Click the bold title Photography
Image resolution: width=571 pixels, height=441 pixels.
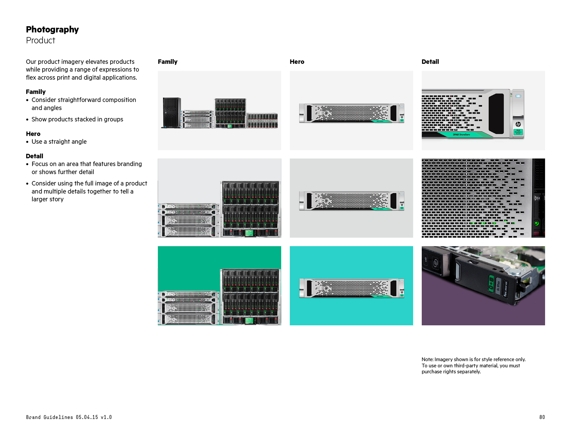[52, 29]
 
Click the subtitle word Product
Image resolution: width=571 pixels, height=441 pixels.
[40, 40]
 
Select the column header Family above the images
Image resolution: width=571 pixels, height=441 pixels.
[167, 62]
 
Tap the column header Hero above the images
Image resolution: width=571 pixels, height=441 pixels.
[297, 62]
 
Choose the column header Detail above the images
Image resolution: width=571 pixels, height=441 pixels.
[430, 62]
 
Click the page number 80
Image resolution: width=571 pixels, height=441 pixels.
[542, 417]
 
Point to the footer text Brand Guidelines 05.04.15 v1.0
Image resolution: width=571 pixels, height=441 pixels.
[69, 417]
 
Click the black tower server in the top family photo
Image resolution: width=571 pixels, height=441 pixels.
[172, 113]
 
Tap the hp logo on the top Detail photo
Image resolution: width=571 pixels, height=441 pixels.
[518, 124]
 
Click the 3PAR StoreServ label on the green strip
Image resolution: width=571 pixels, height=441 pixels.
[461, 135]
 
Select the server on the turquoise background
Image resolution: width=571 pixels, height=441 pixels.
[352, 288]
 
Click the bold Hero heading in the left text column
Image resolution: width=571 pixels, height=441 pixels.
[33, 134]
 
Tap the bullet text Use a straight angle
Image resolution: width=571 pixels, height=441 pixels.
[59, 142]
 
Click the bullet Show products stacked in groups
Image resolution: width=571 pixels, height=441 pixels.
[77, 119]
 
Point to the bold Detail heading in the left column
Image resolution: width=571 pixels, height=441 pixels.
[34, 156]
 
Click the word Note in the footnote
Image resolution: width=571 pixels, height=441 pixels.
[427, 359]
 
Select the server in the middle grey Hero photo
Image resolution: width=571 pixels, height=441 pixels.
[352, 201]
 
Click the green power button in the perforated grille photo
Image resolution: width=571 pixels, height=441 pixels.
[537, 223]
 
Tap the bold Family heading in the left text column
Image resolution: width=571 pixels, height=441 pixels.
[36, 92]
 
